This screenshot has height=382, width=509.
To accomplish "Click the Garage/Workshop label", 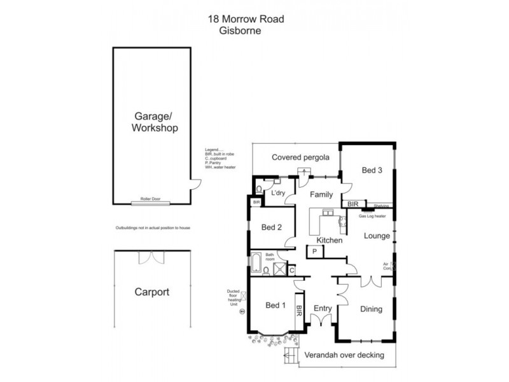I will (155, 122).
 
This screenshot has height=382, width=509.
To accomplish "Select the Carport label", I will (151, 293).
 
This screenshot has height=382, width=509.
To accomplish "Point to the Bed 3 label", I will (372, 170).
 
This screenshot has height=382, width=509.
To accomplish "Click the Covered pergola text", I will (300, 157).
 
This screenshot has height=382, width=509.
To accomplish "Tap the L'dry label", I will (278, 193).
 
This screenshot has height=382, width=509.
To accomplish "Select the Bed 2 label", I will (272, 227).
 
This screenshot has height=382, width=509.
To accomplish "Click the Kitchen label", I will (330, 240).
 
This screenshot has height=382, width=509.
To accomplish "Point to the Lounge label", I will (376, 236).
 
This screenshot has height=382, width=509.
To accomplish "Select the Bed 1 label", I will (274, 305).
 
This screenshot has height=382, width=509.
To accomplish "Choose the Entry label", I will (323, 309).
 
